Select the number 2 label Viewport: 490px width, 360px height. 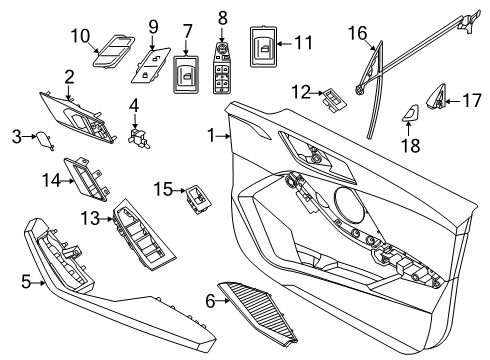coord(69,76)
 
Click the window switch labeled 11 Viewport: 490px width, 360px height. coord(332,97)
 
